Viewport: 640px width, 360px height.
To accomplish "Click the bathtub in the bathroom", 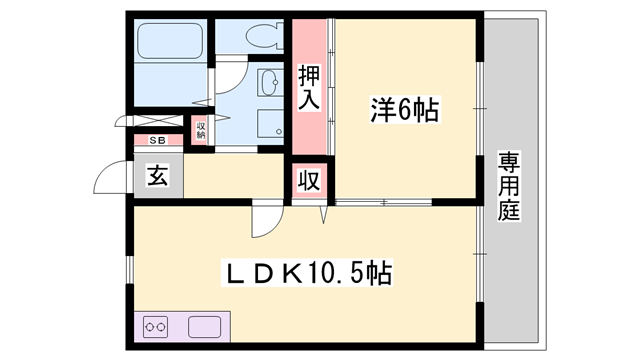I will [x=169, y=42].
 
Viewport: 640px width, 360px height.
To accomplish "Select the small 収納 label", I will [x=201, y=129].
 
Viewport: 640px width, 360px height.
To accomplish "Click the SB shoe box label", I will [x=158, y=141].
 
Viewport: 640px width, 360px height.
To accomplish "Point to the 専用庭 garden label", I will [x=509, y=185].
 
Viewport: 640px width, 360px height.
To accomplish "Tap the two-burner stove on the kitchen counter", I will [x=155, y=326].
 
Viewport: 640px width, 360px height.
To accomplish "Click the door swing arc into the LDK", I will [x=262, y=217].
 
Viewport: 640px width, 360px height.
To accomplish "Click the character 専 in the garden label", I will [x=509, y=160].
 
